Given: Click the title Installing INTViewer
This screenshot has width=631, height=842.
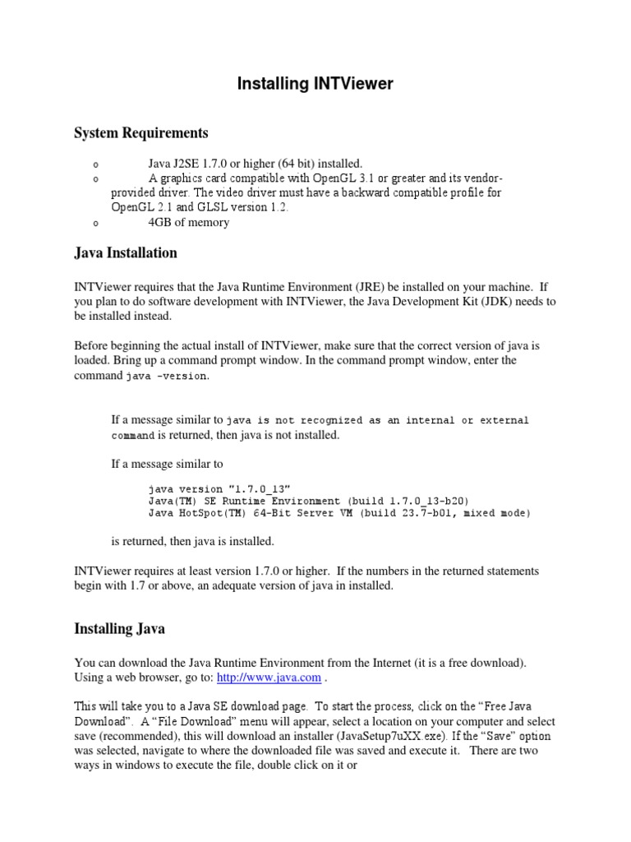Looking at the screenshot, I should (x=315, y=84).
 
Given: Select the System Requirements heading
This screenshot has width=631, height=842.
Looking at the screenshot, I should (x=140, y=133).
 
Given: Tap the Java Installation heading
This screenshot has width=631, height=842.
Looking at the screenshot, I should (x=126, y=252).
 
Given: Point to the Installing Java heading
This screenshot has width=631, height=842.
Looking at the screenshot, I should (x=119, y=628).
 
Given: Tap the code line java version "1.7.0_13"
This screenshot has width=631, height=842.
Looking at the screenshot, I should (x=219, y=488).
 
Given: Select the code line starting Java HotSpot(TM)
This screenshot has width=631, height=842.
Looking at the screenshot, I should (x=339, y=513).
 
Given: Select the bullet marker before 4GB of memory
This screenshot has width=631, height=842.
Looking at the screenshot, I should (x=95, y=223).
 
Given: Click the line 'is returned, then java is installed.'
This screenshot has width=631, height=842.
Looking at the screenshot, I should (x=193, y=541).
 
